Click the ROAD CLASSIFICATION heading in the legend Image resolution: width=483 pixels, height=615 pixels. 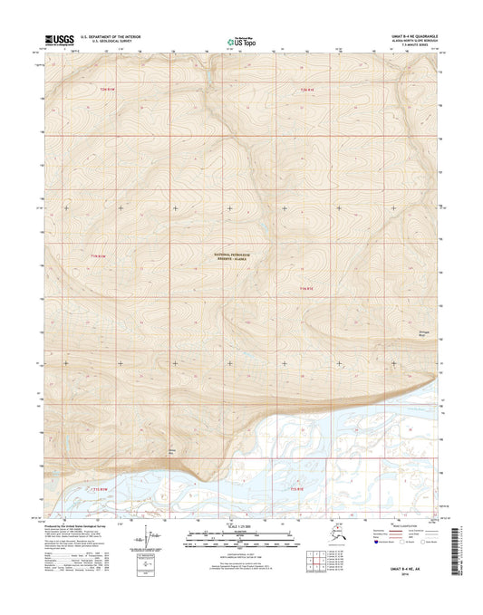pos(388,527)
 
